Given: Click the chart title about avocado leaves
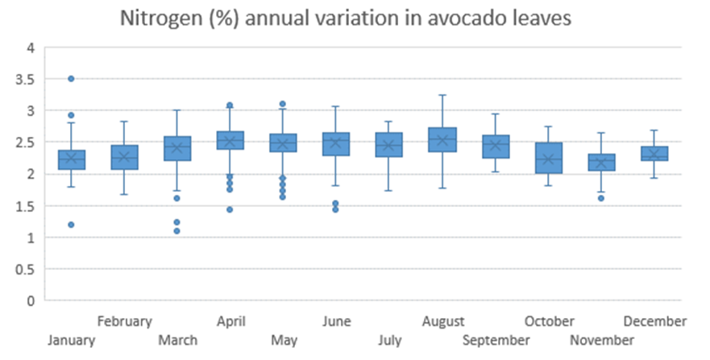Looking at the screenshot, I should pos(346,19).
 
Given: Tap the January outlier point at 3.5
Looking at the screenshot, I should pos(71,78).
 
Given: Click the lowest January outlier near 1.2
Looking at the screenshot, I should pos(71,225).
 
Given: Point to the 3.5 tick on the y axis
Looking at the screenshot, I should pos(26,79).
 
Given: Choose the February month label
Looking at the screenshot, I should pos(124,321).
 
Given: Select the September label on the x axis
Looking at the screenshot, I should pos(496,340).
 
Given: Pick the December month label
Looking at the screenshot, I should pos(654,321).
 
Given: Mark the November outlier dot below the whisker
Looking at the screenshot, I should pos(601,197).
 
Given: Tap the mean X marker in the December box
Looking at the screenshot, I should pos(654,154).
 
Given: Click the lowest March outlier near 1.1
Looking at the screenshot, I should pos(177,231).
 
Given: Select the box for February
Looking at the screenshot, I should pos(124,158).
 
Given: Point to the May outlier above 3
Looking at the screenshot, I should pos(283,104).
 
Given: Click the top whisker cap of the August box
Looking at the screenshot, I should pos(442,95).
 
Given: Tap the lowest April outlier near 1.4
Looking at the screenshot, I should pos(230,209).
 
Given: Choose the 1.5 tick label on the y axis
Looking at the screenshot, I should pos(26,205).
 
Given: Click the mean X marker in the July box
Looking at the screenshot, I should pos(389,146).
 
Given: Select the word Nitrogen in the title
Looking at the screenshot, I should pos(156,19).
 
